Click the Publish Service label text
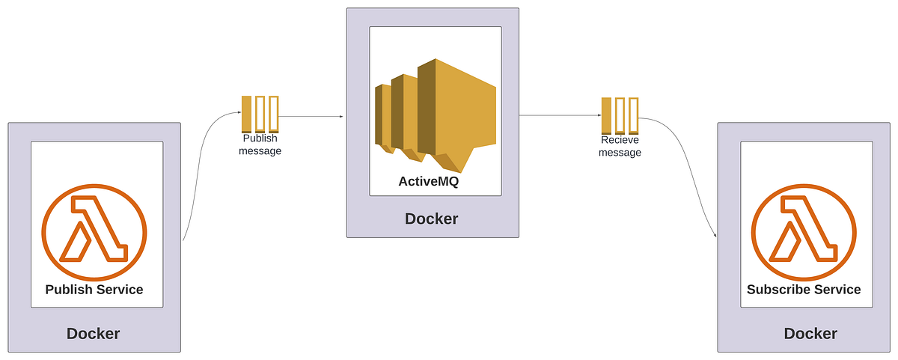pos(94,290)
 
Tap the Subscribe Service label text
pos(804,290)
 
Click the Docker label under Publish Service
pos(94,334)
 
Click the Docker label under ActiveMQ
pos(432,219)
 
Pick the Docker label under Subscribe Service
pos(810,334)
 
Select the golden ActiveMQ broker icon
pos(435,112)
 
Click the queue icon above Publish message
pos(260,115)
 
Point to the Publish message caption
pos(260,144)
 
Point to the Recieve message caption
pos(620,146)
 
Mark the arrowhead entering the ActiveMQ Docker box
pos(341,117)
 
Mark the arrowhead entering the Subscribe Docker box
pos(715,236)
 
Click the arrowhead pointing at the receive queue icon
pos(599,115)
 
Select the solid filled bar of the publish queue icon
pos(246,115)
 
